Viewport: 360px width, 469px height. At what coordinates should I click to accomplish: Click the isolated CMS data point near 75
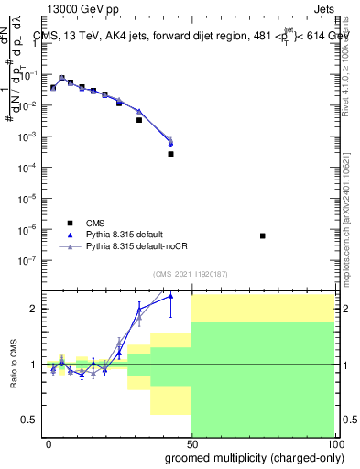coord(263,235)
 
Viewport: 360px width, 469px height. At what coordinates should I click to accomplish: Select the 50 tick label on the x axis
coord(191,442)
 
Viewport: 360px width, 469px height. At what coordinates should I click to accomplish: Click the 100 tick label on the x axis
coord(333,442)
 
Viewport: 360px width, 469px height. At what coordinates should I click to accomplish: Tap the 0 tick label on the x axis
coord(49,442)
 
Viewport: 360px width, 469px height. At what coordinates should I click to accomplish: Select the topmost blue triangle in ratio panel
coord(170,295)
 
